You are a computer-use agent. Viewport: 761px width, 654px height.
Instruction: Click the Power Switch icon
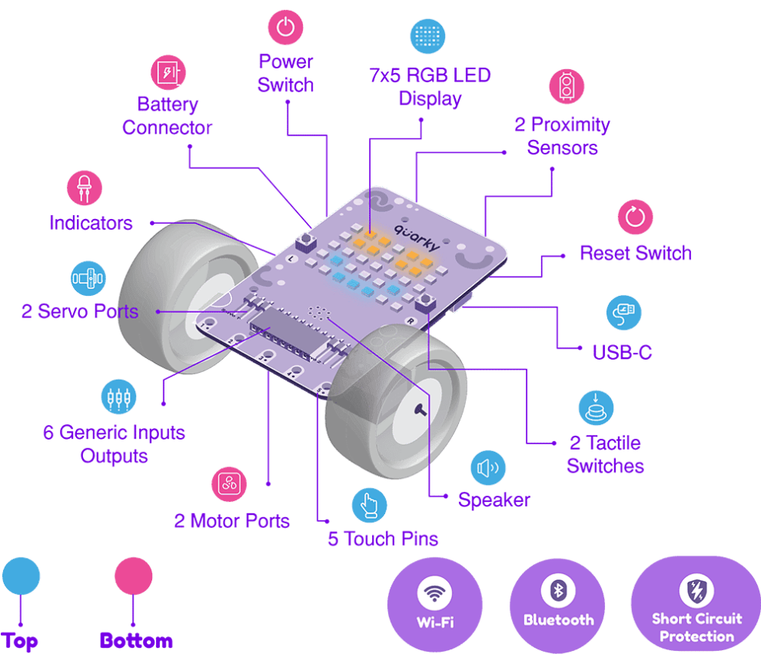(x=285, y=28)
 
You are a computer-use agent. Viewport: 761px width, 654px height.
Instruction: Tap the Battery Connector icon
(x=168, y=72)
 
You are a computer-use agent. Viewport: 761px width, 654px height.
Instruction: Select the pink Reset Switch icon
(x=635, y=217)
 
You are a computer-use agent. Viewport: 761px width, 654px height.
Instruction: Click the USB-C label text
(x=623, y=352)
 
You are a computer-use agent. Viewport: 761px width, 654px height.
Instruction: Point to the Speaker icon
(x=488, y=467)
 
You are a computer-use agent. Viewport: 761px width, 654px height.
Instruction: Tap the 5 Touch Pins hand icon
(x=370, y=505)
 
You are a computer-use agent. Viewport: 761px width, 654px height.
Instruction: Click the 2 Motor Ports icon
(x=229, y=484)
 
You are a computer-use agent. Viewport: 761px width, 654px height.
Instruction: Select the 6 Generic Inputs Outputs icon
(x=119, y=397)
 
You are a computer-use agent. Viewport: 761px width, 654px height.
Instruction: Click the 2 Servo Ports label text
(x=80, y=311)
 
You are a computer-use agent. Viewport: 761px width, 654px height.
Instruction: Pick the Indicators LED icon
(x=84, y=188)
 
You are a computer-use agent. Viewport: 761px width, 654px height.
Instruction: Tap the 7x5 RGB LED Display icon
(x=427, y=35)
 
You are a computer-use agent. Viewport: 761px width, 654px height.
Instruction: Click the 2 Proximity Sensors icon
(x=567, y=86)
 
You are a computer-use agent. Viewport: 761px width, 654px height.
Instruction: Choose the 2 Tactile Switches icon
(x=597, y=407)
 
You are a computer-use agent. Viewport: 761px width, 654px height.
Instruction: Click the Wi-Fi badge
(x=435, y=603)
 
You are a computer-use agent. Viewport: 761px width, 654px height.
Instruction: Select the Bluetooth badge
(x=559, y=603)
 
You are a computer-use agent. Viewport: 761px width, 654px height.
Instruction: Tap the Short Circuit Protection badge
(x=696, y=604)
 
